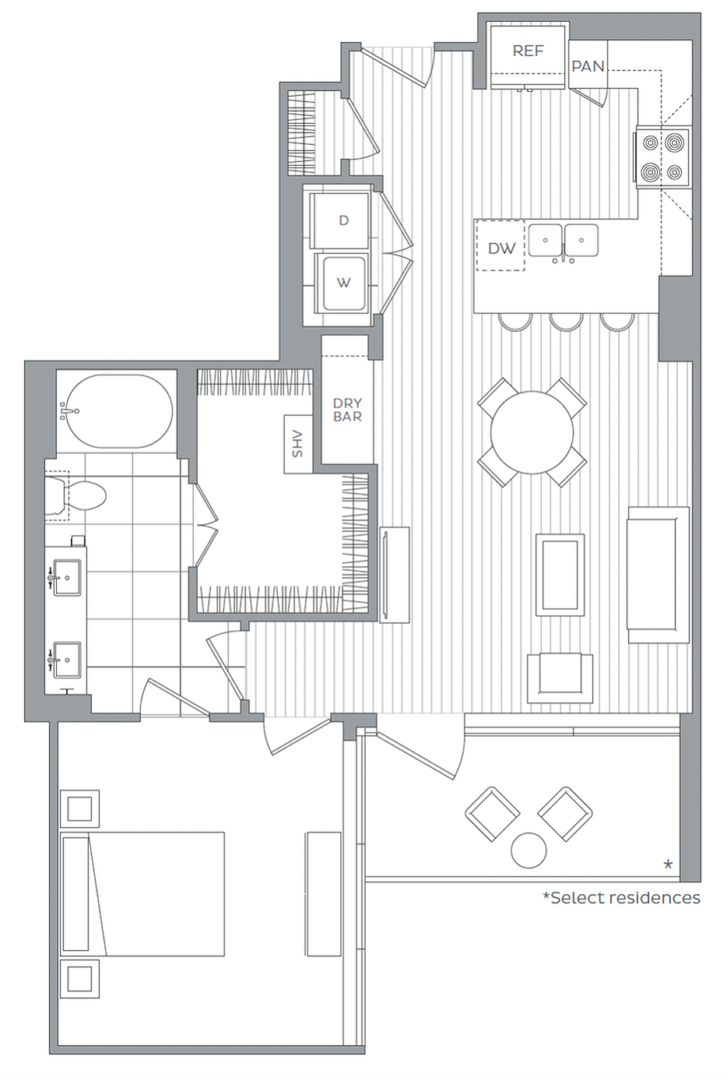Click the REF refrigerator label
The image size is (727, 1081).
coord(528,51)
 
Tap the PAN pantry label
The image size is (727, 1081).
coord(588,66)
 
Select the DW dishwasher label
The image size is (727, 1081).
coord(501,248)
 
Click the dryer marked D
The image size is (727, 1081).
coord(343,220)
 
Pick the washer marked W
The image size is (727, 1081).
coord(343,282)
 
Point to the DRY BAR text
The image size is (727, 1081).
coord(347,410)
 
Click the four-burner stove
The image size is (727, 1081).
coord(663,157)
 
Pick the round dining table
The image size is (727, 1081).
coord(532,432)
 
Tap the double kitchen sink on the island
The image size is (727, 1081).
coord(563,241)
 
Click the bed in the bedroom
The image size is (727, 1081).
coord(144,893)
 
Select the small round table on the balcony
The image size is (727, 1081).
coord(529,850)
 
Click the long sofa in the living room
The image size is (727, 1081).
coord(659,575)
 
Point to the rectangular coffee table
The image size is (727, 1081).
coord(560,573)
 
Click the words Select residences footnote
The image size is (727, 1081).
coord(621,898)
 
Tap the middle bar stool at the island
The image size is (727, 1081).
coord(565,321)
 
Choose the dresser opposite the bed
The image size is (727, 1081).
coord(323,893)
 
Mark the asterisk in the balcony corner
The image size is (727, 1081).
coord(667,865)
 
